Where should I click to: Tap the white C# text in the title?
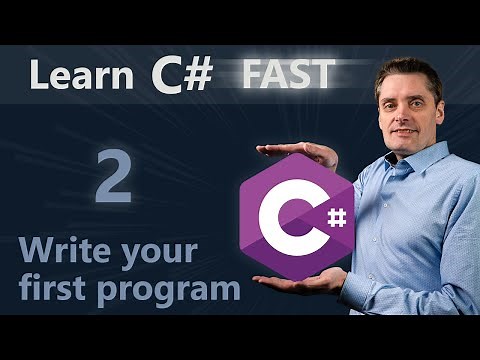pos(181,77)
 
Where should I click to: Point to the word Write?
pos(70,252)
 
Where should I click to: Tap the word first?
pos(59,289)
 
